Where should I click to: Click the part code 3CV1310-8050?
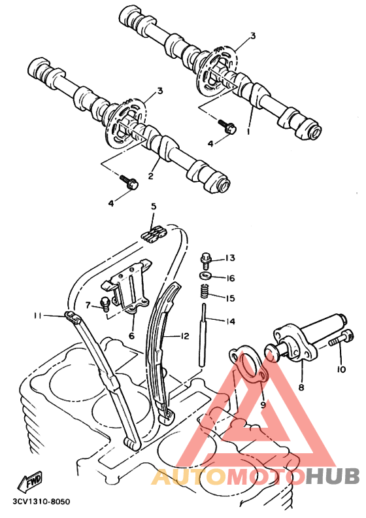pos(42,502)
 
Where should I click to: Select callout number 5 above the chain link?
pos(154,207)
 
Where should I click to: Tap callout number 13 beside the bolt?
pos(230,258)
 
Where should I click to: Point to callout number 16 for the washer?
pos(230,278)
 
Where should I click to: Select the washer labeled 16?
pos(207,275)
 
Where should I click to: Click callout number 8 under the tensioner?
pos(301,387)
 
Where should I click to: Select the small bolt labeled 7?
pos(105,304)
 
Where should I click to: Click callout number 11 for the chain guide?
pos(38,316)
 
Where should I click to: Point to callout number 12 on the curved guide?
pos(185,336)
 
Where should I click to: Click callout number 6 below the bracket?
pos(131,336)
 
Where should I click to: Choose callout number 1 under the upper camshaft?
pos(248,131)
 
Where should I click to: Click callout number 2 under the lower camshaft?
pos(151,176)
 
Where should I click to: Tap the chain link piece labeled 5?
pos(154,234)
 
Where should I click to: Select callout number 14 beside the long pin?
pos(230,321)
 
